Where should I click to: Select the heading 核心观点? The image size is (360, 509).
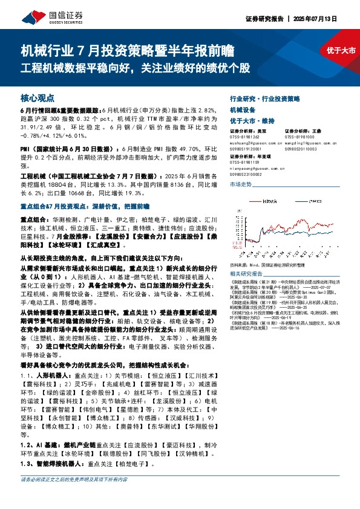tap(38, 97)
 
